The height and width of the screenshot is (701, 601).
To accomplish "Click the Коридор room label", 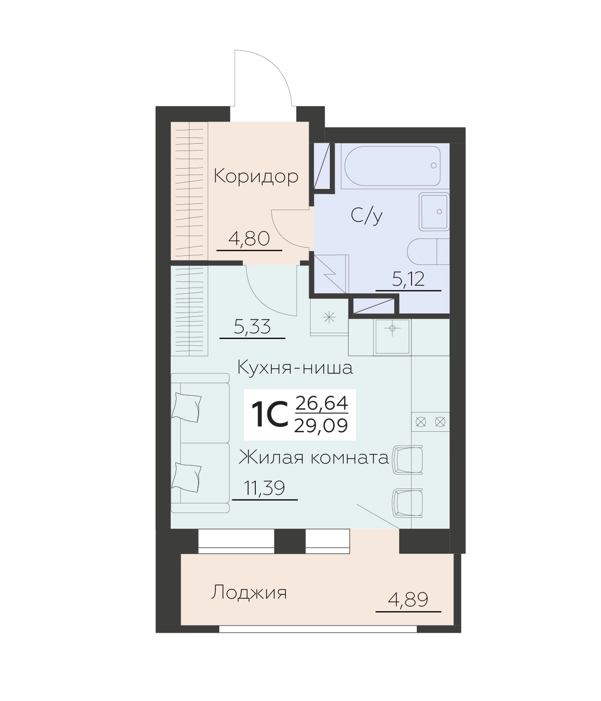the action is tap(256, 176).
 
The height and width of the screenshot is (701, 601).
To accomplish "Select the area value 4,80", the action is tap(249, 238).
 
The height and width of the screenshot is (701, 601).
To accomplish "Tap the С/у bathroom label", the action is tap(367, 216).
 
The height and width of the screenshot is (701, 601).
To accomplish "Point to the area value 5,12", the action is tap(408, 279).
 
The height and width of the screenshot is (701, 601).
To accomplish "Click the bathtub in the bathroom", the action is tap(392, 166).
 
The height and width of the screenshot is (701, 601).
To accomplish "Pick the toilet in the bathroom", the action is tap(428, 251).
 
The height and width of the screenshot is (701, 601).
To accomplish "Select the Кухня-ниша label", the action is tap(295, 368).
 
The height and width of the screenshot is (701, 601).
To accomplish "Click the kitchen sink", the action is tap(392, 337).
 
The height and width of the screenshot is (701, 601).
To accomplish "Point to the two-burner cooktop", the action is tap(430, 422).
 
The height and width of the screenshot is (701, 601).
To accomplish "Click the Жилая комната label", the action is tap(313, 458).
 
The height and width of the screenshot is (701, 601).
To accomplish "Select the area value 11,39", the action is tap(264, 488).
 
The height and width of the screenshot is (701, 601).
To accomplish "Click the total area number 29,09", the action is tap(321, 426).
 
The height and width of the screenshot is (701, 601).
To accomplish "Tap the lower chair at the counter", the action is tap(407, 503).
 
